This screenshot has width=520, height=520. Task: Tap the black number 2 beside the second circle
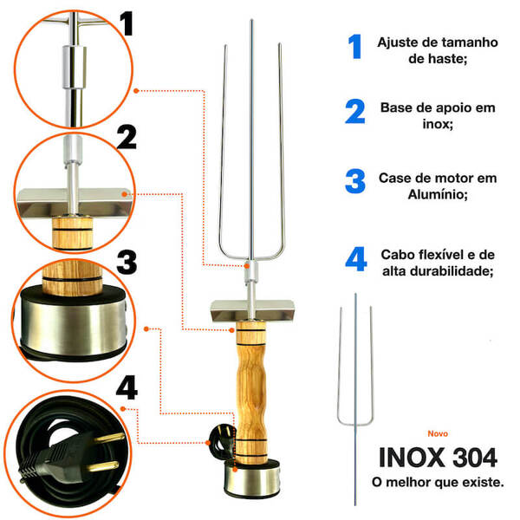[x=127, y=137]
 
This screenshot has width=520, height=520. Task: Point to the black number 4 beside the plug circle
[x=127, y=388]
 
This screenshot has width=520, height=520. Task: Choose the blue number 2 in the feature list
[x=354, y=114]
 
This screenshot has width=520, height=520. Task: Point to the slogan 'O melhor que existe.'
[x=438, y=480]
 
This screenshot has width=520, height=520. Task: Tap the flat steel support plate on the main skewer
[x=251, y=309]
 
